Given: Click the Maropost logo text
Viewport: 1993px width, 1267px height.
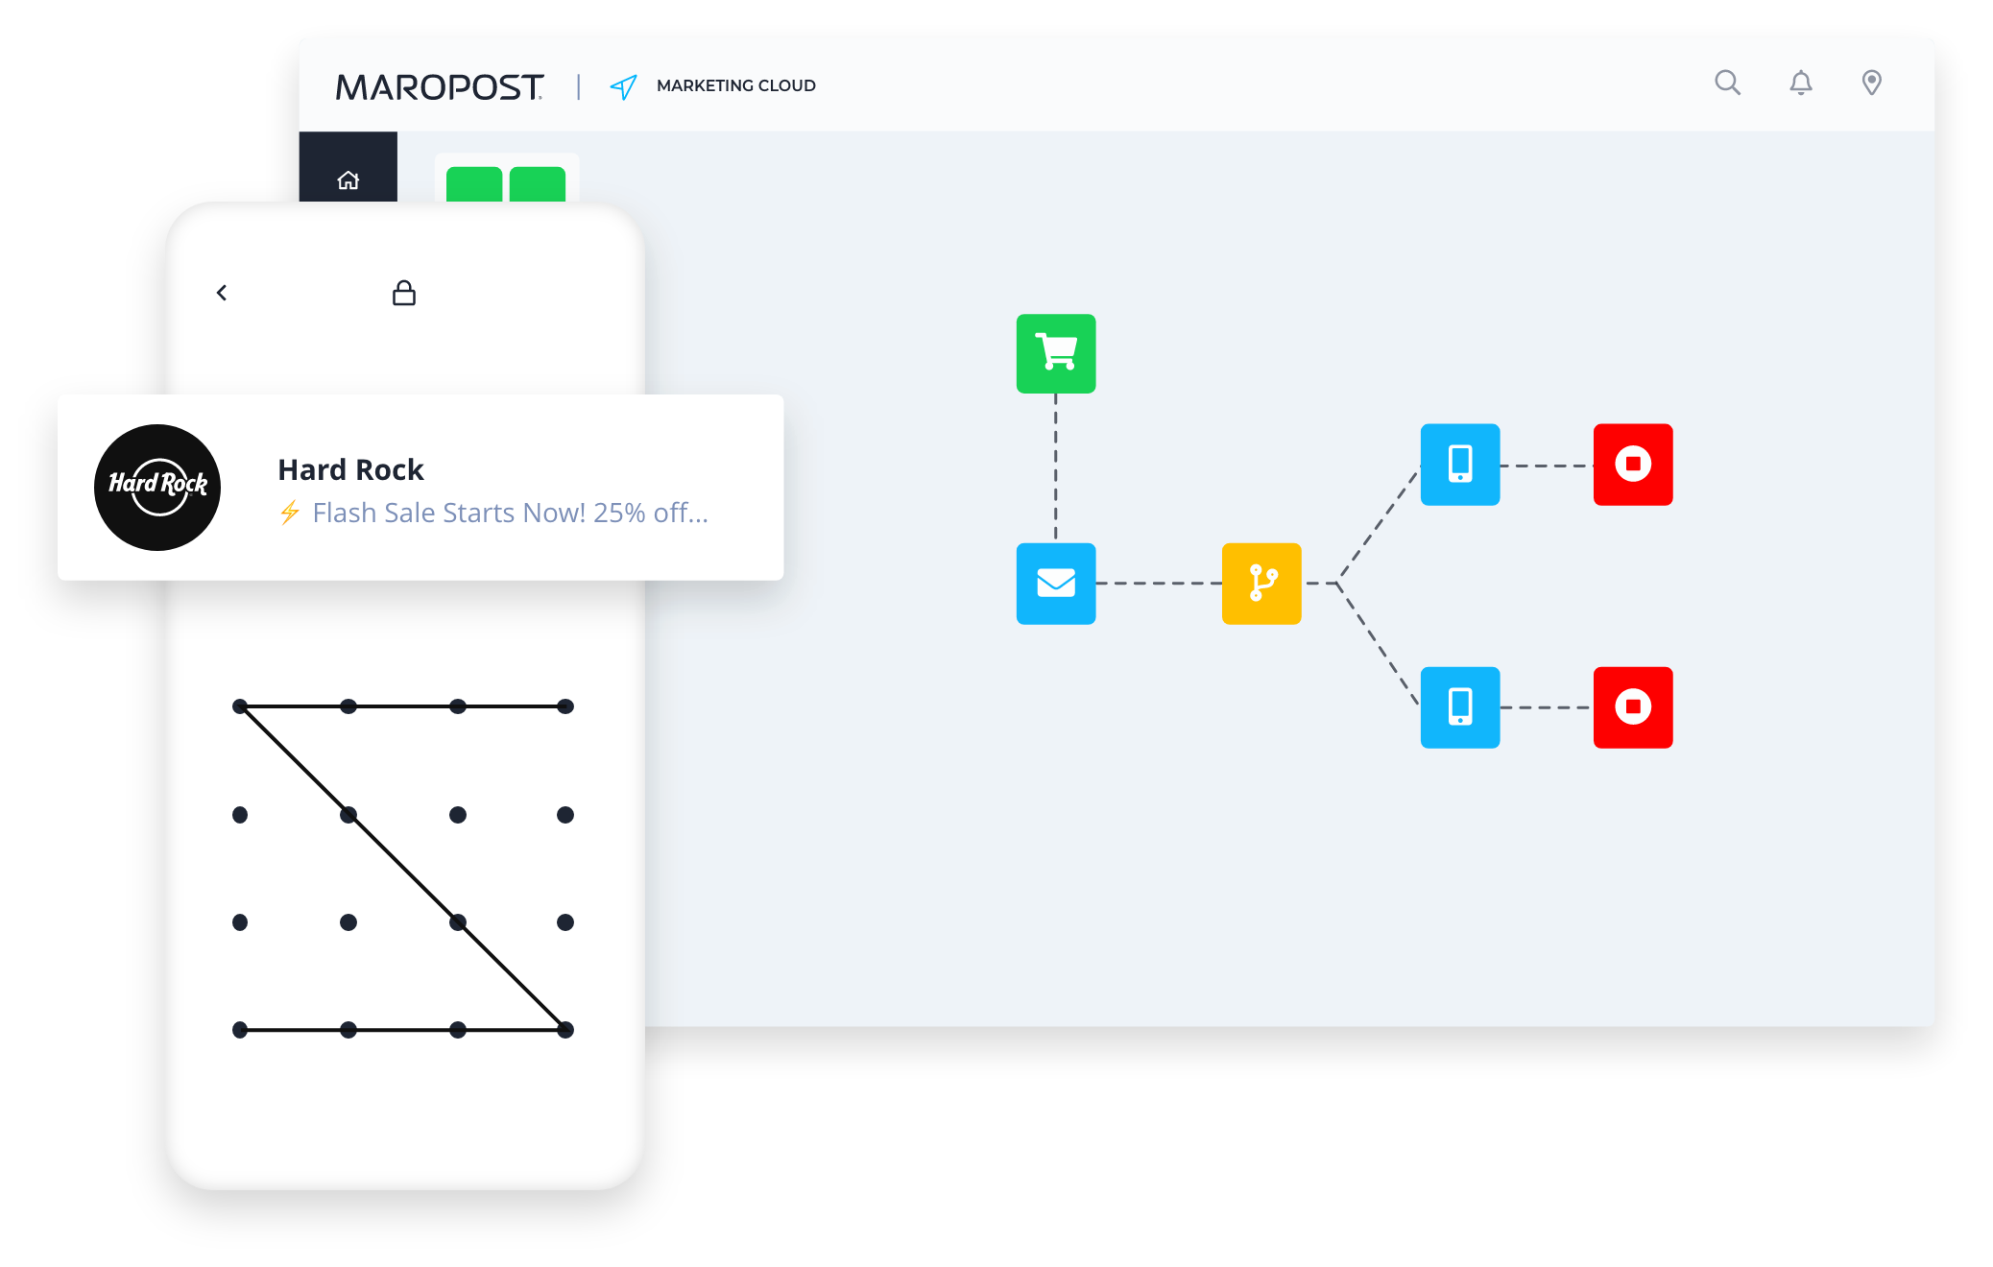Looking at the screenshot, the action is [440, 86].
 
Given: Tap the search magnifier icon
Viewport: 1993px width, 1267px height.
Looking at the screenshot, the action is [1727, 83].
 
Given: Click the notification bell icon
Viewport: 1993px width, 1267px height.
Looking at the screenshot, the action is [1801, 83].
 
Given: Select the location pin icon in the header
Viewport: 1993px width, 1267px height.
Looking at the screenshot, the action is [1871, 83].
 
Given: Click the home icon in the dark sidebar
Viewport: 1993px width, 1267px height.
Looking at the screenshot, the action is [348, 179].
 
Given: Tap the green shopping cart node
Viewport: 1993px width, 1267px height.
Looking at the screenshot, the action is [1056, 353].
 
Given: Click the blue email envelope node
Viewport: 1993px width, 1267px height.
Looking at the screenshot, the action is [1056, 584].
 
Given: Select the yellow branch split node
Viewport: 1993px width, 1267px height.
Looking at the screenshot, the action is [1261, 584].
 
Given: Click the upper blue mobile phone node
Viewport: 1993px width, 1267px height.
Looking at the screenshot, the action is [1460, 465].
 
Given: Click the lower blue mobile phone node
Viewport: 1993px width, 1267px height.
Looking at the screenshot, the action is [1460, 707].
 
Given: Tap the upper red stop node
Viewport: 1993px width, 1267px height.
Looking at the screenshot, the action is [1633, 465].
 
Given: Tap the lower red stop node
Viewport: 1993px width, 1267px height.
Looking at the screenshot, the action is [1633, 707].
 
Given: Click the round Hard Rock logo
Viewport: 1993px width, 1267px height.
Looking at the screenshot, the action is [157, 488].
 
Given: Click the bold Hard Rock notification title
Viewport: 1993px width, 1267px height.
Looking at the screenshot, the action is [350, 469].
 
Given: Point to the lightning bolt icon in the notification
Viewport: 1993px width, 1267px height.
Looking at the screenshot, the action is [290, 513].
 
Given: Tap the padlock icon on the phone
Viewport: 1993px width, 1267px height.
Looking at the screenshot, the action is [404, 293].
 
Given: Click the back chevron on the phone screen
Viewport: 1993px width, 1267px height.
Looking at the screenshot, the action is [222, 293].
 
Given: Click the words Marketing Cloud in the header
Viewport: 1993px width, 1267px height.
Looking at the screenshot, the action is [736, 85].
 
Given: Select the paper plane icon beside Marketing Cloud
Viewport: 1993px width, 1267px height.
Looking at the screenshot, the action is [623, 87].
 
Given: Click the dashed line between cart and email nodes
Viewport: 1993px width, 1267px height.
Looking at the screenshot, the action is [1056, 468].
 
